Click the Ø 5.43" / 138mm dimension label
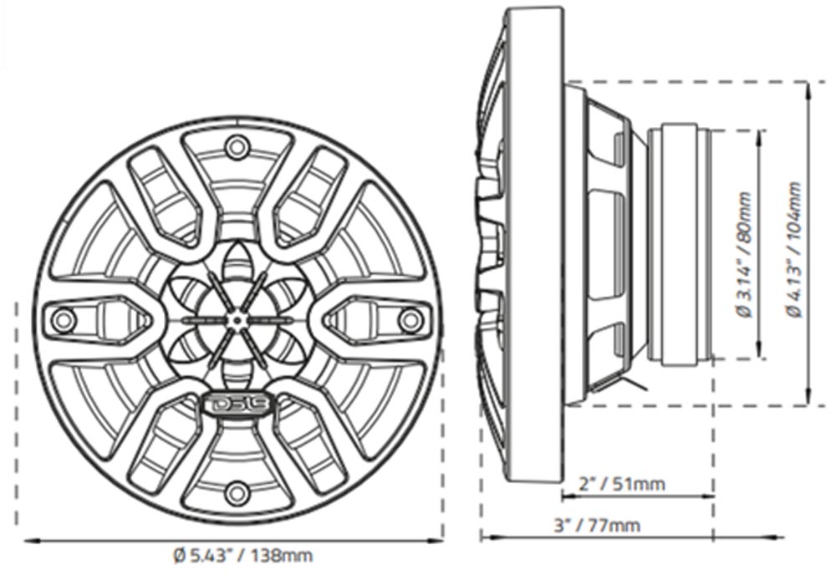243,556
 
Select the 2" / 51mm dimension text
622,484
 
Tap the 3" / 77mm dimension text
597,525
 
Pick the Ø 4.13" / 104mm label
793,249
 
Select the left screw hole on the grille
63,319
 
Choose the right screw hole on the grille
410,319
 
